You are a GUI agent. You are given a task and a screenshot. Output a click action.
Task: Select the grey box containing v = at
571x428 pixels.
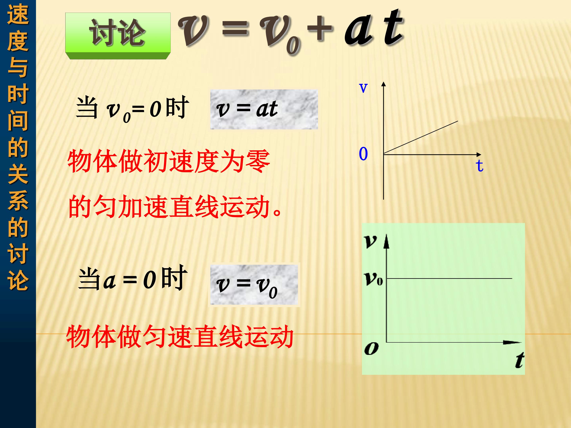(264, 109)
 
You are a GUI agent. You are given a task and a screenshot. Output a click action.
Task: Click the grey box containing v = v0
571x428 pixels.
(254, 285)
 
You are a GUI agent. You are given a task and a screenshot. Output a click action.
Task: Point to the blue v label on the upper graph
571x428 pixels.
(363, 88)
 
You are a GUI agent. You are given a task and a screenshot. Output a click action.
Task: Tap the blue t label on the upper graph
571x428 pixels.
(479, 166)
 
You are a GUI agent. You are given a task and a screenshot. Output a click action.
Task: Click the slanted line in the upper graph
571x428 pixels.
(421, 138)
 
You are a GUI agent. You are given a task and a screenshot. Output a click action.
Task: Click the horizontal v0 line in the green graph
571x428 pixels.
(449, 279)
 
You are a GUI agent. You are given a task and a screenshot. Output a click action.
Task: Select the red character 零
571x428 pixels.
(258, 162)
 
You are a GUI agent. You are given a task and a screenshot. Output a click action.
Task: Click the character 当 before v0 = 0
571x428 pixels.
(87, 108)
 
